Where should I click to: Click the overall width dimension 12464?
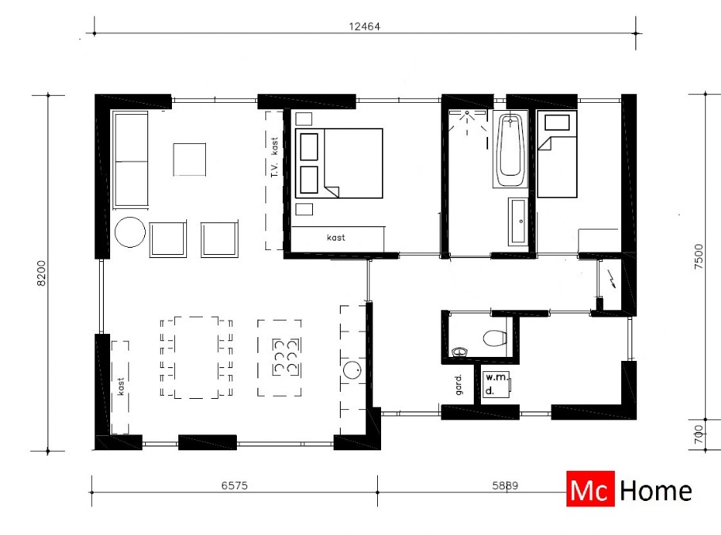pos(366,26)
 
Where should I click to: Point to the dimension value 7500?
pos(697,258)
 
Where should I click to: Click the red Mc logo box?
pos(590,491)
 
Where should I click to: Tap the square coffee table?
pos(190,159)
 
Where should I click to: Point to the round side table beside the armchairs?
pos(130,234)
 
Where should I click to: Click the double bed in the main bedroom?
pos(339,163)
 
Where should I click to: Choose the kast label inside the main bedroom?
pos(336,237)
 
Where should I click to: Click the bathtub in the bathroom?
pos(511,150)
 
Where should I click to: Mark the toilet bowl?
pos(494,339)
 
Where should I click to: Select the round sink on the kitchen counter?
pos(352,370)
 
